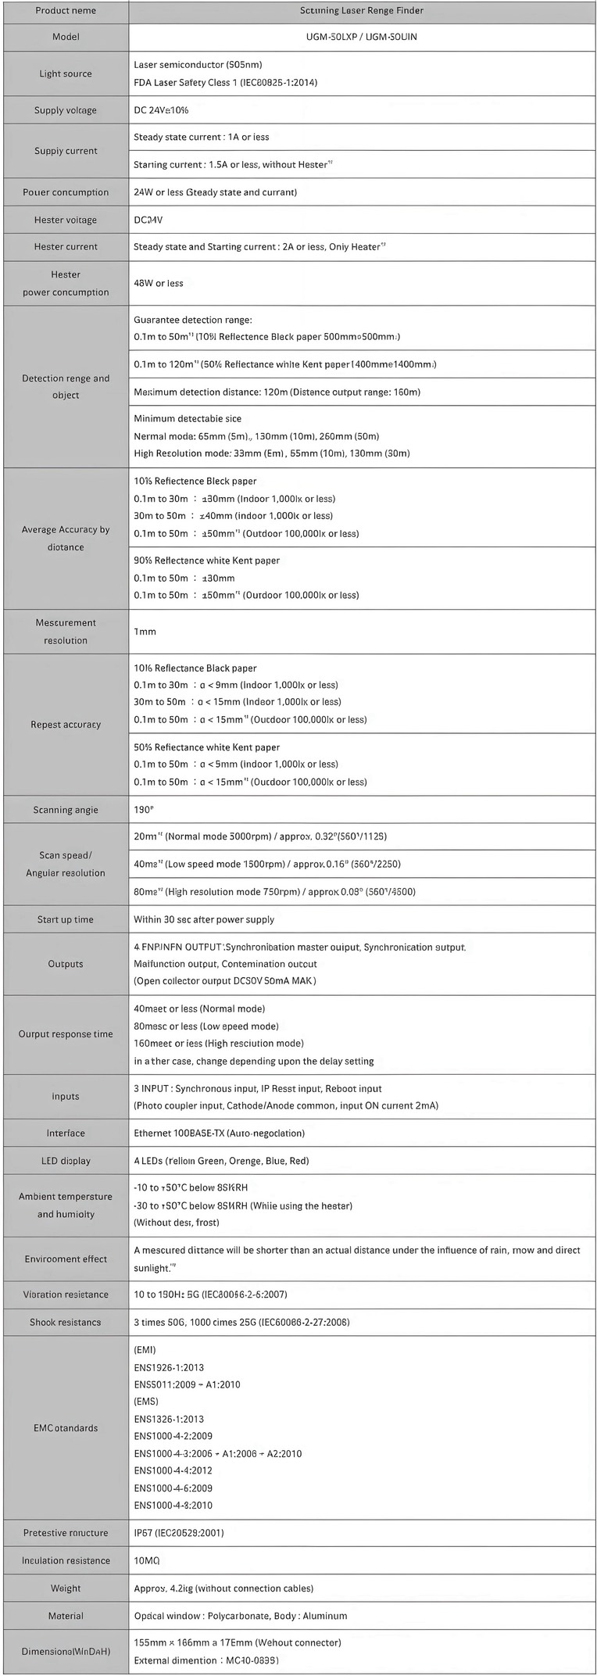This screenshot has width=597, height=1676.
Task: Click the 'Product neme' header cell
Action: tap(66, 10)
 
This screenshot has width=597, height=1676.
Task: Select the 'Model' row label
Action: tap(66, 37)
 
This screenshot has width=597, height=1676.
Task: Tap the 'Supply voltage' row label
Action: tap(66, 110)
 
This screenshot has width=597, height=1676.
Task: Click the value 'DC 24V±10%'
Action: tap(161, 110)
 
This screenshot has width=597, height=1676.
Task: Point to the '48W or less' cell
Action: tap(159, 283)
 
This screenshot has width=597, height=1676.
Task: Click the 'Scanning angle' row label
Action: tap(66, 810)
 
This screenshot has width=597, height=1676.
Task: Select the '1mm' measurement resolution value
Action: tap(145, 631)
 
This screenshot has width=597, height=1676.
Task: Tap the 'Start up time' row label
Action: tap(66, 919)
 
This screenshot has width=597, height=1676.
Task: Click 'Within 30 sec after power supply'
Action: tap(204, 919)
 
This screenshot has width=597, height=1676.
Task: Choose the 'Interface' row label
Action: tap(66, 1133)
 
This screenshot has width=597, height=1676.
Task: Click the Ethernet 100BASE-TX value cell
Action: tap(219, 1133)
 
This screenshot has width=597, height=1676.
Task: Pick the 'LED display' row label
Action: tap(66, 1161)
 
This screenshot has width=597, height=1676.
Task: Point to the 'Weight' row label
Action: tap(66, 1588)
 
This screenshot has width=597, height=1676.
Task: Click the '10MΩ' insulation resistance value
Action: tap(147, 1560)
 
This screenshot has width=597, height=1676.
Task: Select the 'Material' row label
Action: tap(66, 1616)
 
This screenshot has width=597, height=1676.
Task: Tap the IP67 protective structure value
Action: tap(179, 1533)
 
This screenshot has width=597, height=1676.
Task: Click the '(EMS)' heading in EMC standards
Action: tap(146, 1402)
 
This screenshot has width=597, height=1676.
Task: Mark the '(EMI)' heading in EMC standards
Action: tap(145, 1350)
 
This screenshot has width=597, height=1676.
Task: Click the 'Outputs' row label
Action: tap(66, 964)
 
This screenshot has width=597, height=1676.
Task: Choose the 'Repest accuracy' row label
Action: tap(66, 725)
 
